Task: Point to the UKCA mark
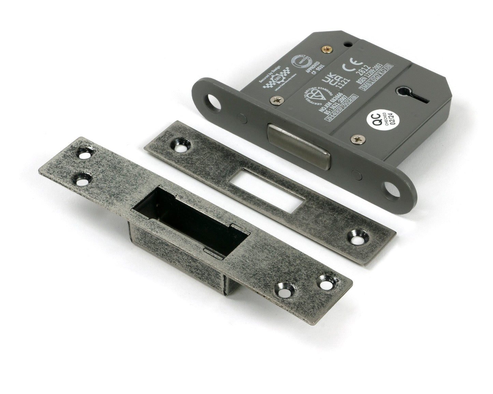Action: pyautogui.click(x=325, y=82)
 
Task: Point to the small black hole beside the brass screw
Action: pyautogui.click(x=347, y=44)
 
